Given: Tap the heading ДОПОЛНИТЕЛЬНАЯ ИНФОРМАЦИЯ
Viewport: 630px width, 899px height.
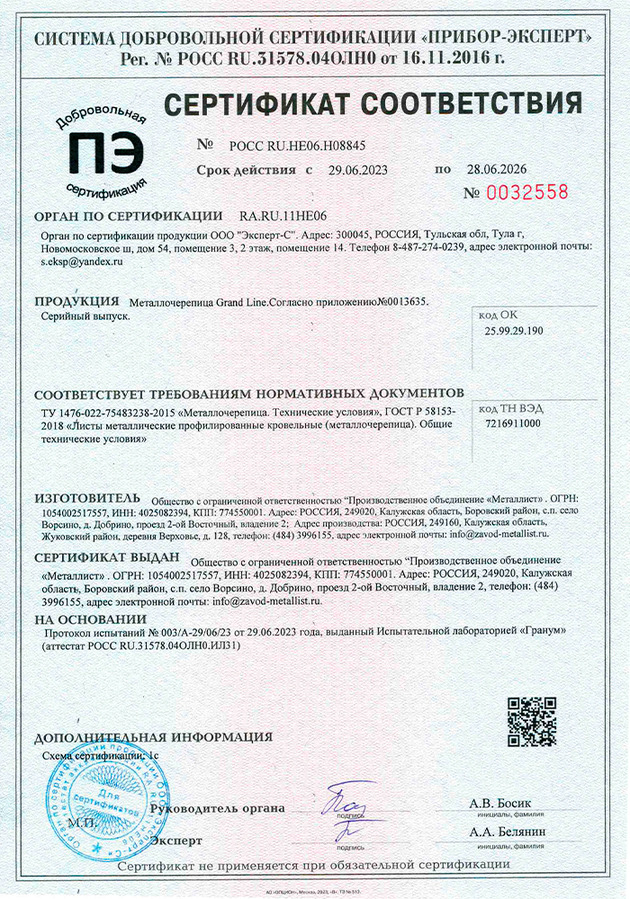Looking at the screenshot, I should pyautogui.click(x=153, y=737).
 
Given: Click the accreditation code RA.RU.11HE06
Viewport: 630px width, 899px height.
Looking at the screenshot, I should pyautogui.click(x=283, y=217).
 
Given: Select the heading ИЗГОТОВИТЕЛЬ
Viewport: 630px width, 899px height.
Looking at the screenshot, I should pyautogui.click(x=87, y=496).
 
